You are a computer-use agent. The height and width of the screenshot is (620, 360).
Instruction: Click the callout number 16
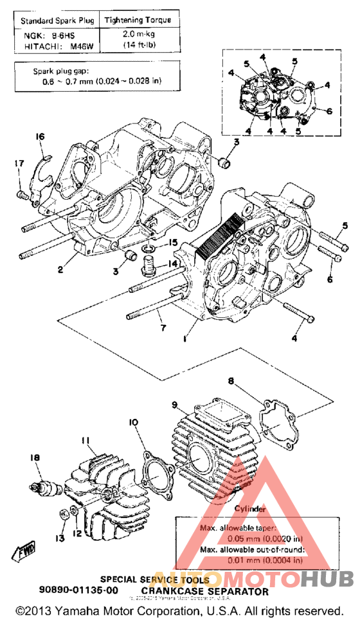40,136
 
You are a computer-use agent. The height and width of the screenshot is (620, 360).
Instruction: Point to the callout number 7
163,328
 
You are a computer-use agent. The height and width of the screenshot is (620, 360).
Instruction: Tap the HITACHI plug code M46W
79,46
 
